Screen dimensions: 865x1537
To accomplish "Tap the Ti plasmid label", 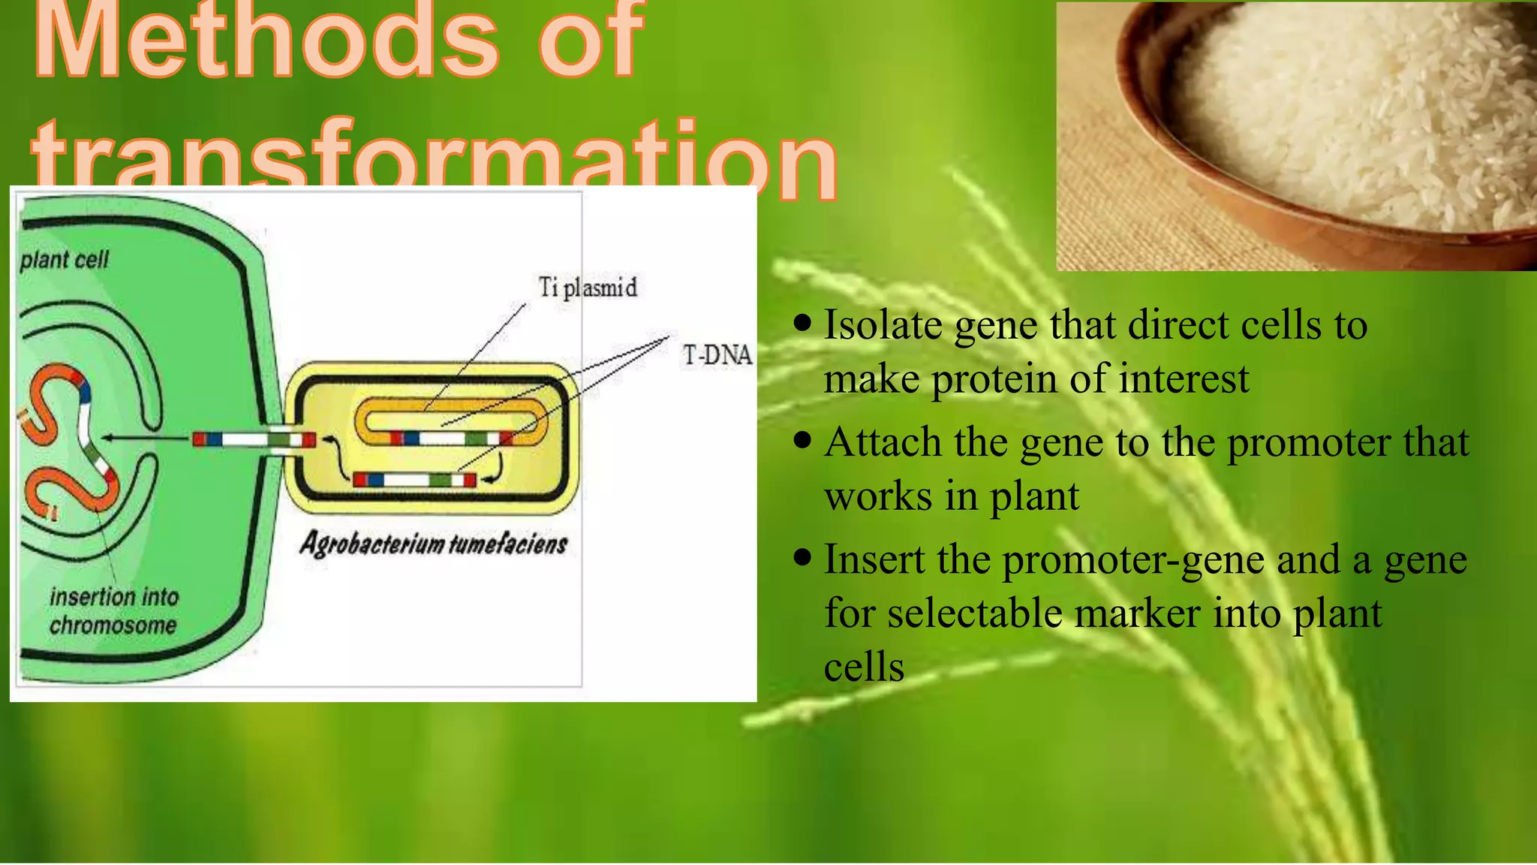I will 588,288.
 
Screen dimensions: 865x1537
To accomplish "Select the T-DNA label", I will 717,355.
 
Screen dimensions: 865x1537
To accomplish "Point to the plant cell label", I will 65,261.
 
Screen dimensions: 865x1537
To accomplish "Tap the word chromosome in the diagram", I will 113,625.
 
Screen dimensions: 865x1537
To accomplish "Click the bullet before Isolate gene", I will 802,323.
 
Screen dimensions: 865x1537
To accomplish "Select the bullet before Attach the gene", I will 802,440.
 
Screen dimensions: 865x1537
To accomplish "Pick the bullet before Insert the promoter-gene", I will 802,557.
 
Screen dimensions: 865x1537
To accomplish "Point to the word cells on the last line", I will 864,668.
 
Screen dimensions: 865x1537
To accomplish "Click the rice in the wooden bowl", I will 1351,113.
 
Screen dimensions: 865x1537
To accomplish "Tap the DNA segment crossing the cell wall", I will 254,440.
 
